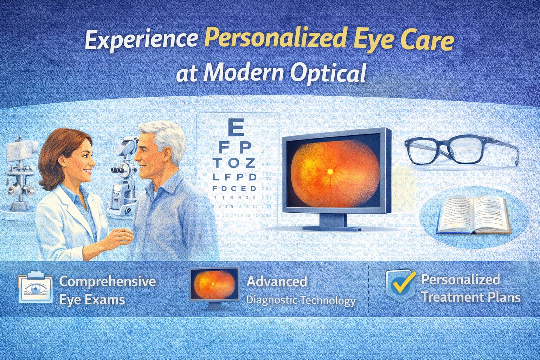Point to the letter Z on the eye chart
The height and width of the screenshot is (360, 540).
click(250, 163)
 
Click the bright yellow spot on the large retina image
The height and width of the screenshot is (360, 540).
click(330, 171)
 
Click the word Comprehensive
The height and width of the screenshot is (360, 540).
click(107, 282)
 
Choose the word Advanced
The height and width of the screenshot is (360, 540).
click(276, 282)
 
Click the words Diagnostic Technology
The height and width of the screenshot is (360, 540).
click(301, 301)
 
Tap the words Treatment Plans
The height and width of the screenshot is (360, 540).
click(471, 298)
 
